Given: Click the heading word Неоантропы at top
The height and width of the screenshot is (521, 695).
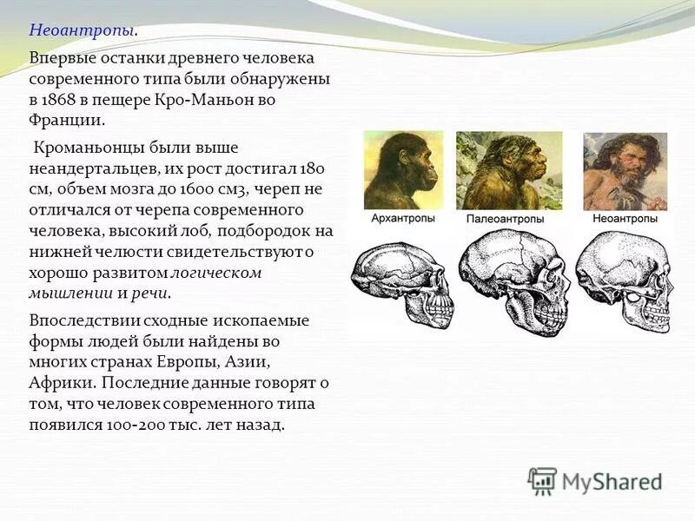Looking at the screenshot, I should (82, 30).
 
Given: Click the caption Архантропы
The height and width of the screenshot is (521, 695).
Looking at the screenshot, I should (403, 218).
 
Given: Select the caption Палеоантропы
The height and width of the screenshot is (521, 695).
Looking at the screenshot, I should (508, 219).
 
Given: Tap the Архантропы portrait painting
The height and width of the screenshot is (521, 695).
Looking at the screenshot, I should (403, 169).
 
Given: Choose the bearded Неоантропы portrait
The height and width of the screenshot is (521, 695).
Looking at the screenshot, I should (625, 171).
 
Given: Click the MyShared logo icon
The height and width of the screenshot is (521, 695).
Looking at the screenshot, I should (542, 480).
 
